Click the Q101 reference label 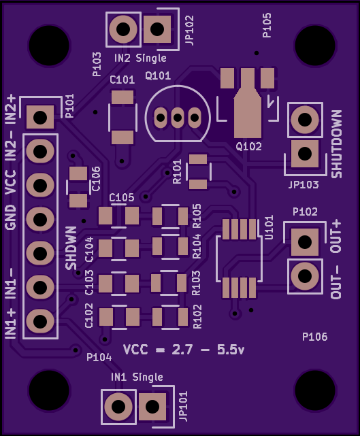click(158, 76)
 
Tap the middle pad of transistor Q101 click(177, 118)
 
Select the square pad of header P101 click(40, 118)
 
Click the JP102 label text click(189, 31)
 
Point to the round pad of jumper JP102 click(123, 29)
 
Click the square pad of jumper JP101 click(152, 407)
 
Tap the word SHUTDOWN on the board click(336, 144)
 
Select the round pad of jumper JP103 click(305, 120)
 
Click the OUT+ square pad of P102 click(305, 242)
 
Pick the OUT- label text click(336, 282)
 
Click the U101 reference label click(269, 227)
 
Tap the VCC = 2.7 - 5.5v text click(184, 350)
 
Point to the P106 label click(314, 337)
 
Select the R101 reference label click(177, 171)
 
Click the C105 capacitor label click(122, 197)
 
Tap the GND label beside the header click(11, 218)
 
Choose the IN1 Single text click(137, 377)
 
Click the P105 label click(267, 25)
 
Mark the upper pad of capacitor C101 click(122, 97)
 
